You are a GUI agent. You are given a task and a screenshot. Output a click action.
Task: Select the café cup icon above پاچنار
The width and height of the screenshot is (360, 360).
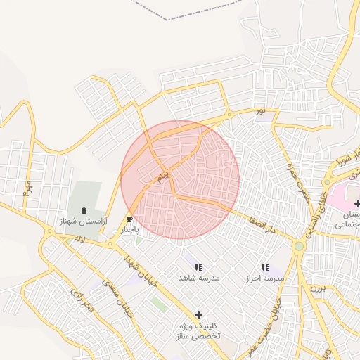(x=129, y=219)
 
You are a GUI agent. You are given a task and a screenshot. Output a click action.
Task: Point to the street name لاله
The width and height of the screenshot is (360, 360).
(x=79, y=239)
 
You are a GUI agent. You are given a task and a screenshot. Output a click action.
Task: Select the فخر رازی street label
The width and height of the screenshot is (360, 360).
(x=82, y=303)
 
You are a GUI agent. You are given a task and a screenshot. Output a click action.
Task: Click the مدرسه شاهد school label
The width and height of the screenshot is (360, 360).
(x=198, y=278)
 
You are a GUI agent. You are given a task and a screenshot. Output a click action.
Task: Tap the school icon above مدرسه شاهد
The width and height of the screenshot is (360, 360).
(x=198, y=267)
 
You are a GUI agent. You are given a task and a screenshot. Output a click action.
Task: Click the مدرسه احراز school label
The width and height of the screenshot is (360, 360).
(x=264, y=278)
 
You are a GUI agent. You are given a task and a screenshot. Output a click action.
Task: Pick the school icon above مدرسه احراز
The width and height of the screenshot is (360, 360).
(x=264, y=267)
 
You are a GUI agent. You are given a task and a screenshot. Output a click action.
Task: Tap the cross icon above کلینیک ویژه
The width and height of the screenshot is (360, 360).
(x=198, y=315)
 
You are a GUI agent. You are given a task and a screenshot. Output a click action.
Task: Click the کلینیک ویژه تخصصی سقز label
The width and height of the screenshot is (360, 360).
(x=198, y=331)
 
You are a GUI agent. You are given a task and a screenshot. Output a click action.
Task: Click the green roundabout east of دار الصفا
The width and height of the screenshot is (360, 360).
(x=299, y=246)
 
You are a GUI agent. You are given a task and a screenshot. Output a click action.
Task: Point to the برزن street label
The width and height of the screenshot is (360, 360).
(x=320, y=288)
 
